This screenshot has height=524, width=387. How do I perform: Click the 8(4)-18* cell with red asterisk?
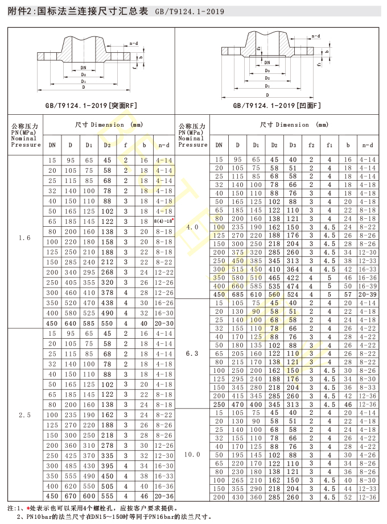[163, 221]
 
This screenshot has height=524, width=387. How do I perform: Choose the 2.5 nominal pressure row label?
[24, 415]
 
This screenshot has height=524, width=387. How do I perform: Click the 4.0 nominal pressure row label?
[193, 227]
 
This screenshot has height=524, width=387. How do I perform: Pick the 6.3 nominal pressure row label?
[193, 354]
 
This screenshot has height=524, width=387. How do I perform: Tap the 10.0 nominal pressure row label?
[193, 455]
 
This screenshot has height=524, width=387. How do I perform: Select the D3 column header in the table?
[293, 145]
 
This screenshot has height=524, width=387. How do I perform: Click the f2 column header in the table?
[311, 145]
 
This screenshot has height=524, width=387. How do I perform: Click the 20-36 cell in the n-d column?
[163, 496]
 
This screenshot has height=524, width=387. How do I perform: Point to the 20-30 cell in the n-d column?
[163, 323]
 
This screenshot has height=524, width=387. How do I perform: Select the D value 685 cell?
[238, 294]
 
